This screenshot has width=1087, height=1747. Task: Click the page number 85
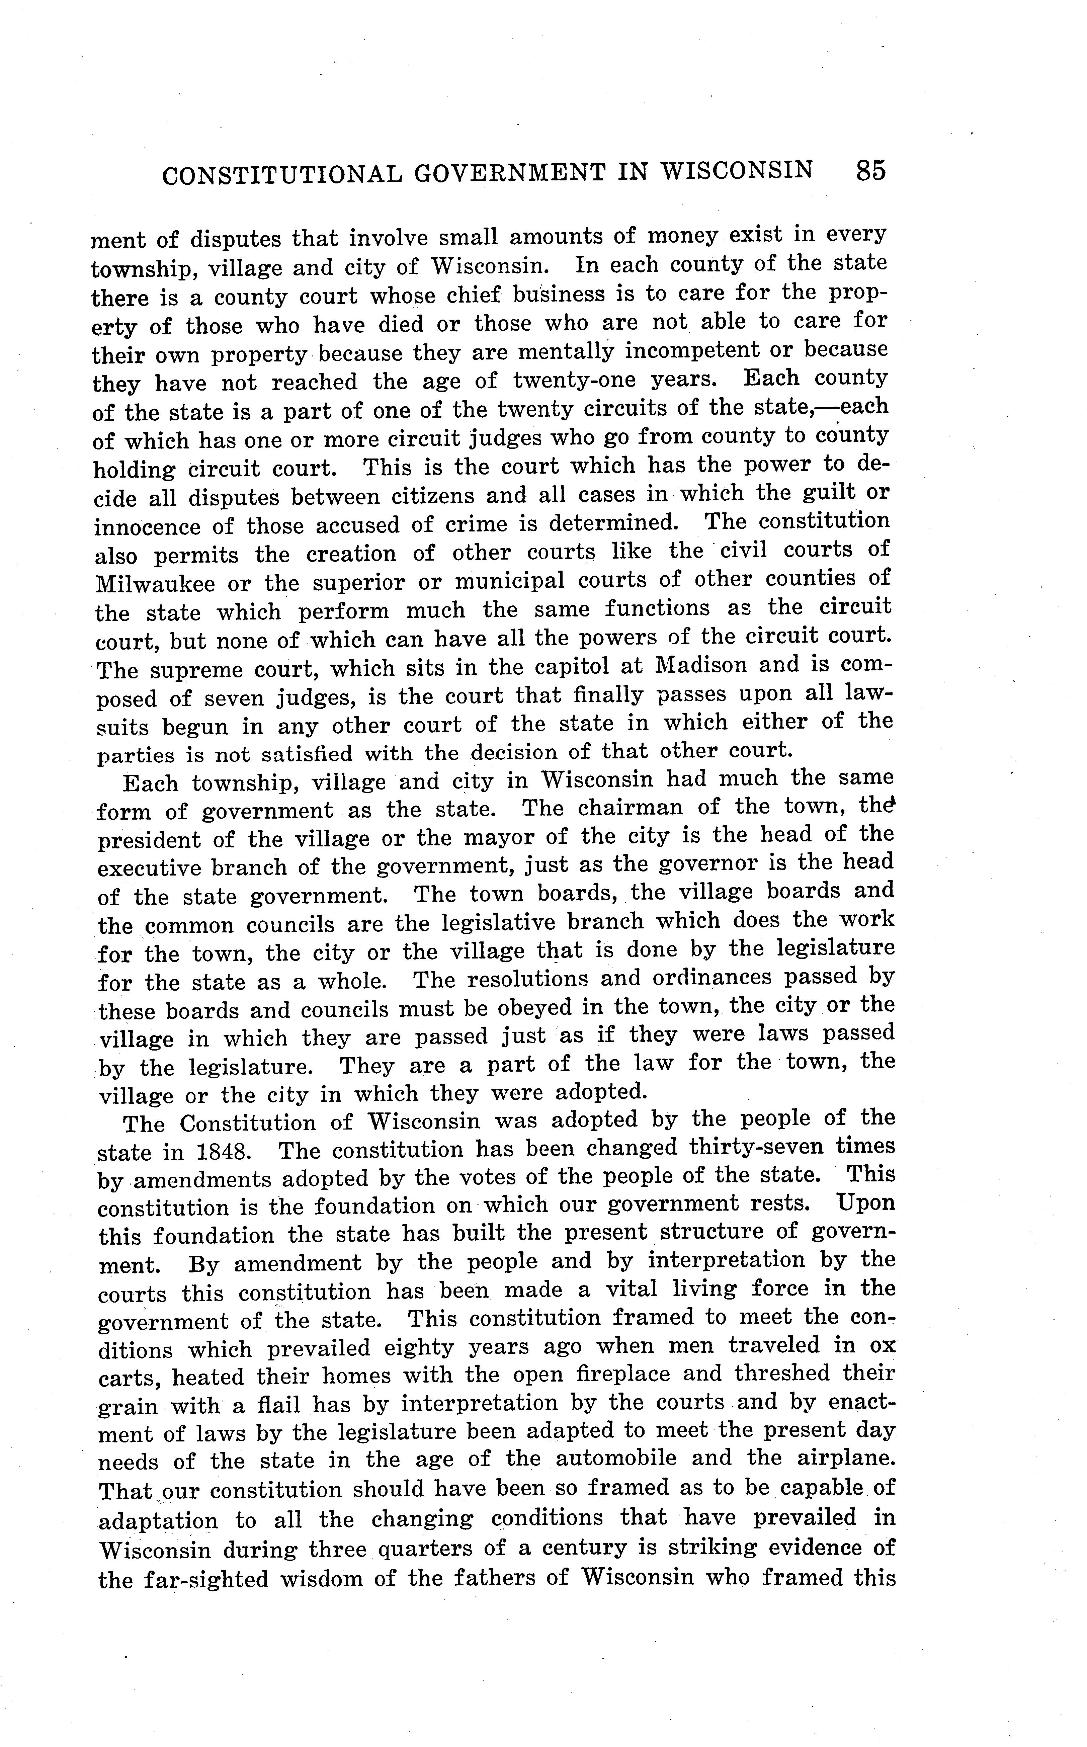[x=870, y=171]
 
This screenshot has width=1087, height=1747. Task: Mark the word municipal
[x=509, y=581]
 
